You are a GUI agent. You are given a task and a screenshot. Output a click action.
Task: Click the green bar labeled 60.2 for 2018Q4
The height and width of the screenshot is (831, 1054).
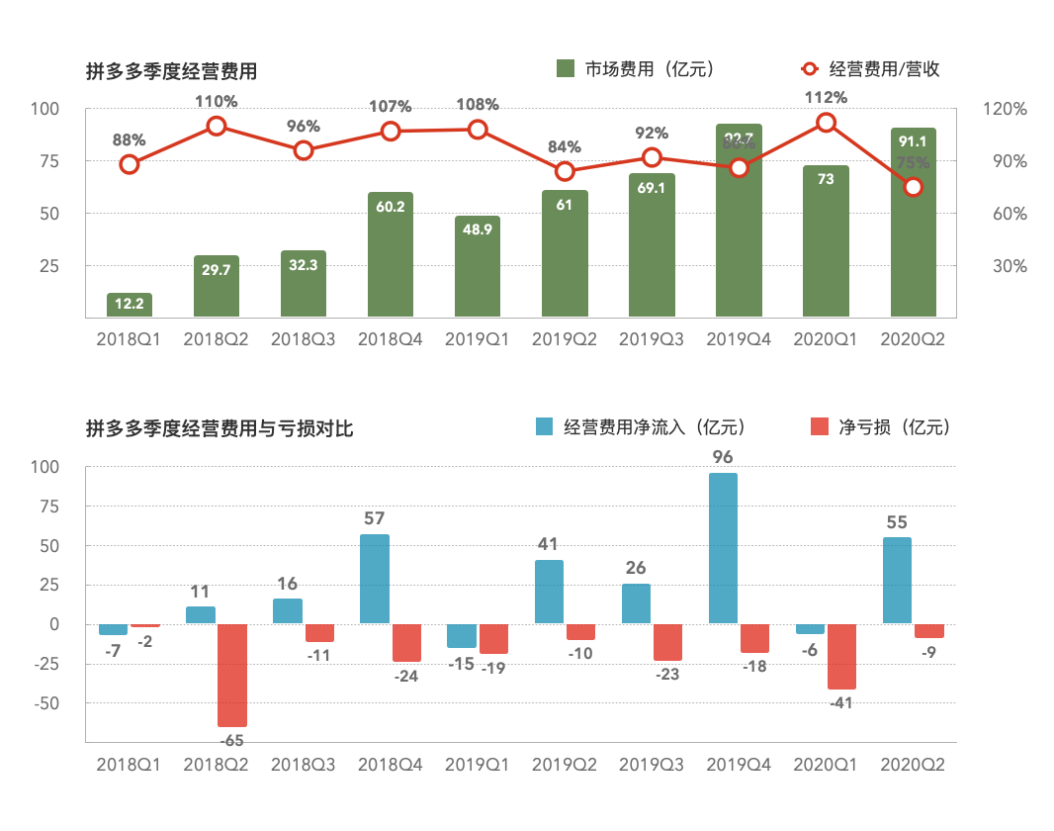click(x=391, y=255)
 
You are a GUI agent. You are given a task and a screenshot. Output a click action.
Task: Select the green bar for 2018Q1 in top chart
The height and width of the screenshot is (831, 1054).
click(x=130, y=305)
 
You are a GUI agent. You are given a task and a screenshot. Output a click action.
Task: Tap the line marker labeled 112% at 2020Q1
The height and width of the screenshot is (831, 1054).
click(x=826, y=123)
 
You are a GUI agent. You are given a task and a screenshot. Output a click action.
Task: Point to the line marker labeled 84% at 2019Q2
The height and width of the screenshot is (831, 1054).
click(x=565, y=171)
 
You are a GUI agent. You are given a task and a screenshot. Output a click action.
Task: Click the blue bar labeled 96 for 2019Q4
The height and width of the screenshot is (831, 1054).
click(x=723, y=548)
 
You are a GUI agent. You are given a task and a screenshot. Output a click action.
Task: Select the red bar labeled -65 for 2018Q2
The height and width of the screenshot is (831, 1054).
click(x=232, y=675)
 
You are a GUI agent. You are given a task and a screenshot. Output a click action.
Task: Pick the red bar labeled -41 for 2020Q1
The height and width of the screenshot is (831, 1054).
click(x=841, y=656)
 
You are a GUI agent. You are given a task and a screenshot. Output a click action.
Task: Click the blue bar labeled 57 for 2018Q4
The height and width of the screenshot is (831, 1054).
click(x=375, y=579)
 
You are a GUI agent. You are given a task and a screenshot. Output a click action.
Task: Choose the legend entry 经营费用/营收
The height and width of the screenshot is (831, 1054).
click(x=870, y=68)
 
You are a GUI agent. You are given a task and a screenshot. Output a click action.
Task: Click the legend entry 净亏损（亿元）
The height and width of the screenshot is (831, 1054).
click(x=879, y=426)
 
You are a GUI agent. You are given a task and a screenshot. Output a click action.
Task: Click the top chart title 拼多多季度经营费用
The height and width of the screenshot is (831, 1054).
click(x=172, y=71)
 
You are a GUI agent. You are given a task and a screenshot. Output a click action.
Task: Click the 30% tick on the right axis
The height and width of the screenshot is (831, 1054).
click(x=1008, y=266)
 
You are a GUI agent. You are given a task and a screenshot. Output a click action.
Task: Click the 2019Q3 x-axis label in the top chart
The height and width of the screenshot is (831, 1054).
click(x=652, y=339)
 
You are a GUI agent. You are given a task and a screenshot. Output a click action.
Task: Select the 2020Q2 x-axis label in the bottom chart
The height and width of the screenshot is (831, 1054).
click(x=913, y=765)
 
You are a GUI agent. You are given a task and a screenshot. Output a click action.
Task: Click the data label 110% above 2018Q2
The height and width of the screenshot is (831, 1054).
click(x=216, y=101)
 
